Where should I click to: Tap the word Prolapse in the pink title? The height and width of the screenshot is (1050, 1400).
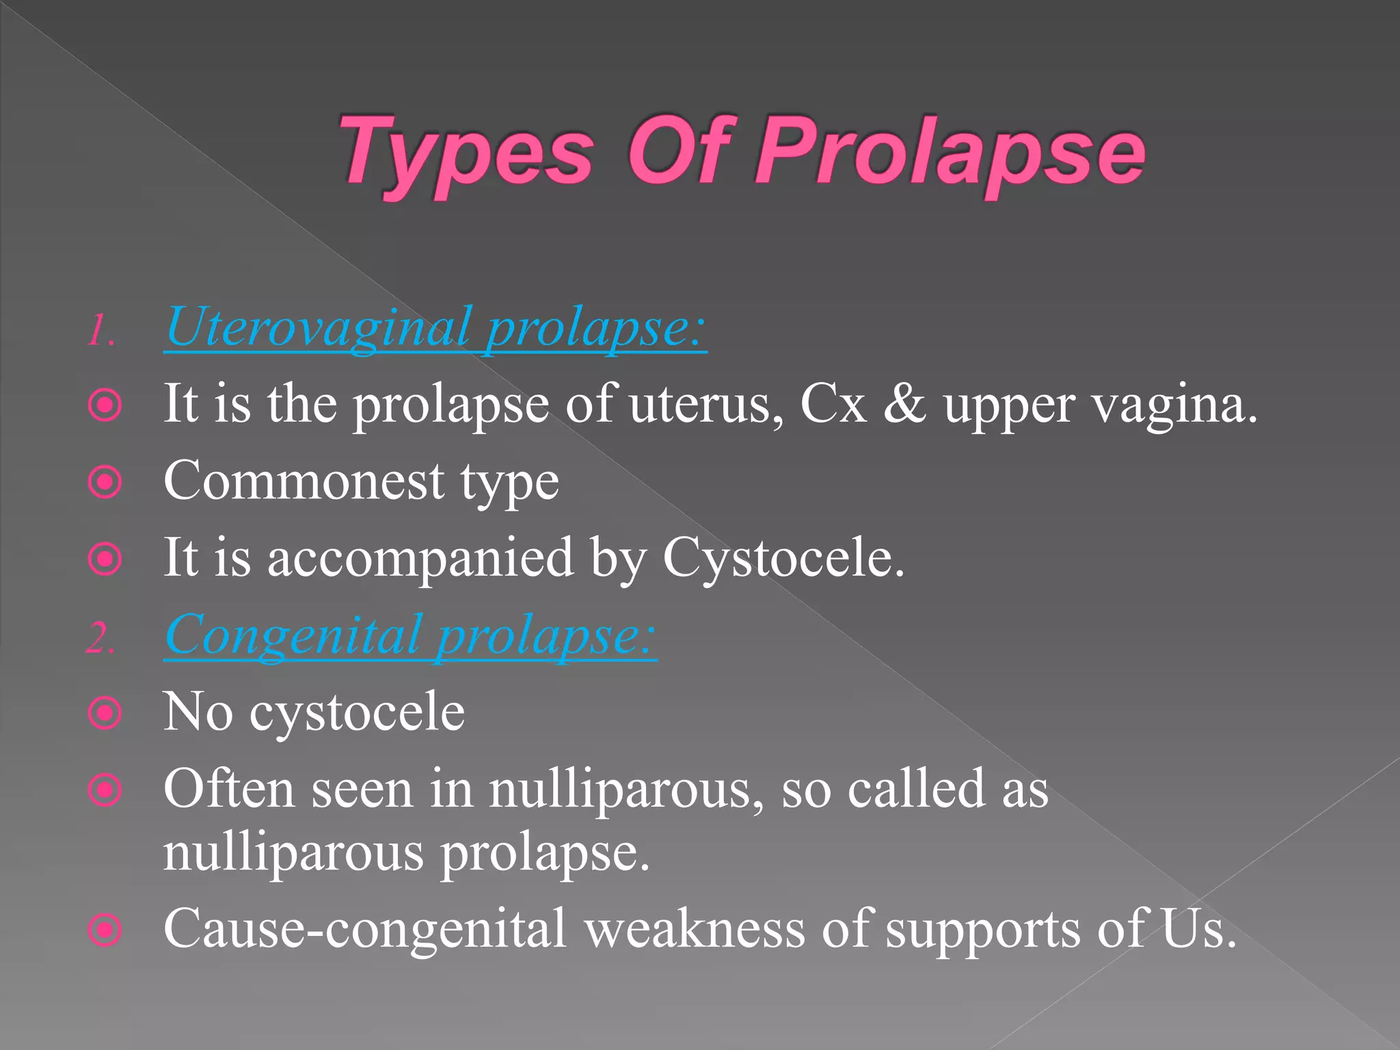(x=950, y=154)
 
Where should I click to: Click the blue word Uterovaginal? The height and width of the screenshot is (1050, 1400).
(x=319, y=328)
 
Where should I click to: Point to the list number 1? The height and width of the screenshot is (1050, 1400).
(x=100, y=331)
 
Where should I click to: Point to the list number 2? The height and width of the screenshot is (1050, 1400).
(x=100, y=639)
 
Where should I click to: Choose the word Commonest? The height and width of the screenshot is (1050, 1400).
(x=304, y=481)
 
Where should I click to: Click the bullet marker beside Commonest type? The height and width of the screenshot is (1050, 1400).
(x=105, y=483)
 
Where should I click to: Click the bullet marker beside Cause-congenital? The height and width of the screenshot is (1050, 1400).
(x=105, y=930)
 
